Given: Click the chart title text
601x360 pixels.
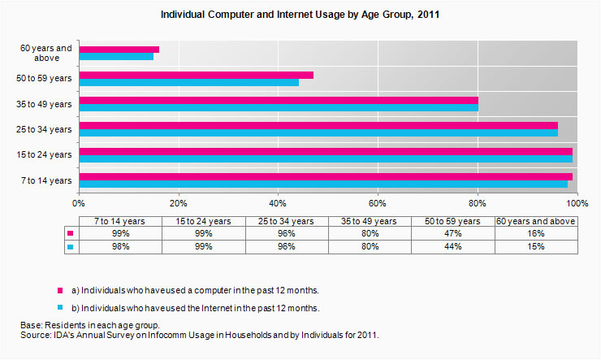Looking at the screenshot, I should tap(300, 15).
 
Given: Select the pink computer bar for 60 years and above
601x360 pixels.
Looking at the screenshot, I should tap(119, 50).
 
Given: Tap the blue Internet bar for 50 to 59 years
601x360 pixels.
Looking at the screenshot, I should tap(188, 83).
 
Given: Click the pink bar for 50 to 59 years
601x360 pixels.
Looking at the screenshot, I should tap(196, 76).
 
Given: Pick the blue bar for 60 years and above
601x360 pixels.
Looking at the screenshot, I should tap(116, 57).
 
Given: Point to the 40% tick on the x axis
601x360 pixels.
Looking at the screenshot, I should tap(279, 202).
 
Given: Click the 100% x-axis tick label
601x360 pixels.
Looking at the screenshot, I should tap(577, 202).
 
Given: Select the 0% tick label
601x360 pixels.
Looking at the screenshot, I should tap(79, 202).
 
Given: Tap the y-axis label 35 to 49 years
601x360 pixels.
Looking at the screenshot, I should tap(46, 104).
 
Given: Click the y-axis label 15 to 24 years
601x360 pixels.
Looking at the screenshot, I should tap(46, 154).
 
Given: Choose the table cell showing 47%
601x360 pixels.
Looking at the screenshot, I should tap(452, 233).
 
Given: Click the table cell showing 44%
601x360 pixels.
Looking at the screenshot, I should tap(452, 246).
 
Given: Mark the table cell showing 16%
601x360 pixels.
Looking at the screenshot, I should tap(535, 233).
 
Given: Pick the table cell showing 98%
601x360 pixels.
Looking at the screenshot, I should tap(121, 246).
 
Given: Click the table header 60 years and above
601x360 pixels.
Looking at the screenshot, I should tap(535, 221).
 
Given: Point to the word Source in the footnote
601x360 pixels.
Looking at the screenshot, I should tap(36, 335).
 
